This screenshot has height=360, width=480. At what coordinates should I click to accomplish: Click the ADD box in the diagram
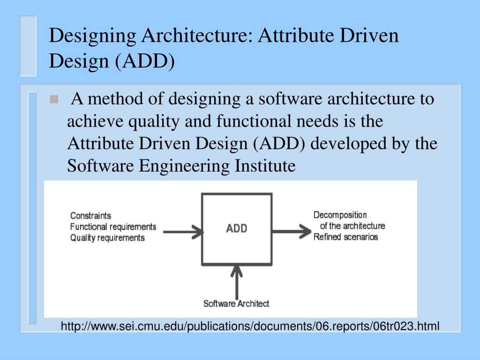pos(237,229)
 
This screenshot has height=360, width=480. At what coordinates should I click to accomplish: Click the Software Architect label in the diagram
pos(236,303)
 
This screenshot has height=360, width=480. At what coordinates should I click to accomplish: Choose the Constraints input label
pos(90,216)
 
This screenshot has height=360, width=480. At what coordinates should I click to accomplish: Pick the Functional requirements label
pos(113,227)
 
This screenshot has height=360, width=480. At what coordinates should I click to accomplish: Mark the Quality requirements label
pos(107,238)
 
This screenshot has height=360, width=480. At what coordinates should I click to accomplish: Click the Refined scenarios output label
pos(345,237)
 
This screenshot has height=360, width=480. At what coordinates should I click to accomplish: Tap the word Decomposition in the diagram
pos(340,215)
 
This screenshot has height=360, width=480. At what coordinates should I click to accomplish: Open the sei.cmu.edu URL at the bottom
pos(250,326)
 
